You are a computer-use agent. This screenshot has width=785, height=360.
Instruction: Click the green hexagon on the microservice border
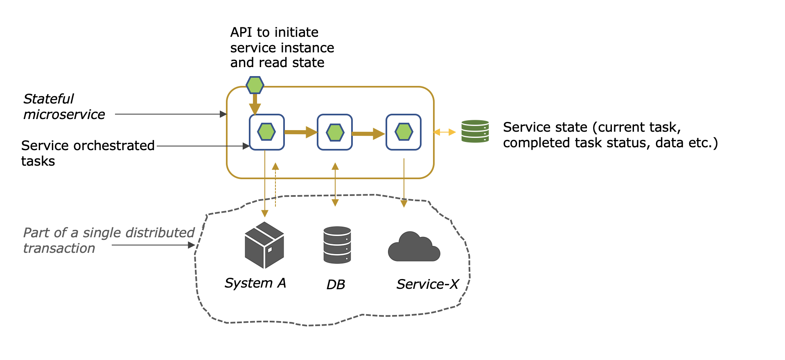click(255, 85)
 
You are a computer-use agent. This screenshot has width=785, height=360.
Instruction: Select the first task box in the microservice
click(266, 132)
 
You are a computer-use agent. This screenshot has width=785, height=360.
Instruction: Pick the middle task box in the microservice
click(335, 132)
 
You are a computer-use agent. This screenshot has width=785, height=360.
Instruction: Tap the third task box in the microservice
click(404, 132)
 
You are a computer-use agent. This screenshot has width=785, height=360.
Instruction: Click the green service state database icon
click(475, 131)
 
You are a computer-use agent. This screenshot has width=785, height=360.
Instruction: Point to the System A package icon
click(264, 245)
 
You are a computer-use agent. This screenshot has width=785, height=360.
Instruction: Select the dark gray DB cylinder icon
click(337, 245)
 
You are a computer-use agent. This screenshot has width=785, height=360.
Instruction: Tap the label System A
click(255, 283)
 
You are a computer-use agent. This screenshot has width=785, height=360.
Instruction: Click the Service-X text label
click(427, 284)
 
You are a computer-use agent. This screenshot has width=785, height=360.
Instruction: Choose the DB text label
click(336, 285)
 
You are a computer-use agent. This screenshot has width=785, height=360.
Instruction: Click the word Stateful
click(48, 99)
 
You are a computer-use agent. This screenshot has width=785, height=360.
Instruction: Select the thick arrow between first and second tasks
click(300, 132)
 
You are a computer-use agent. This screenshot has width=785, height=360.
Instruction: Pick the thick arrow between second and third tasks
click(368, 133)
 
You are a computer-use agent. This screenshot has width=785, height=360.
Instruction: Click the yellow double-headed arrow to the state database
click(444, 132)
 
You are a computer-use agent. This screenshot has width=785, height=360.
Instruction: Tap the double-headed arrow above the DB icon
click(335, 184)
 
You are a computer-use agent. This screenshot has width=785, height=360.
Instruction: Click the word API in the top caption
click(241, 32)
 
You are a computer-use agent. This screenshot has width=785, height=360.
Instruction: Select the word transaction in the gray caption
click(59, 248)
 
